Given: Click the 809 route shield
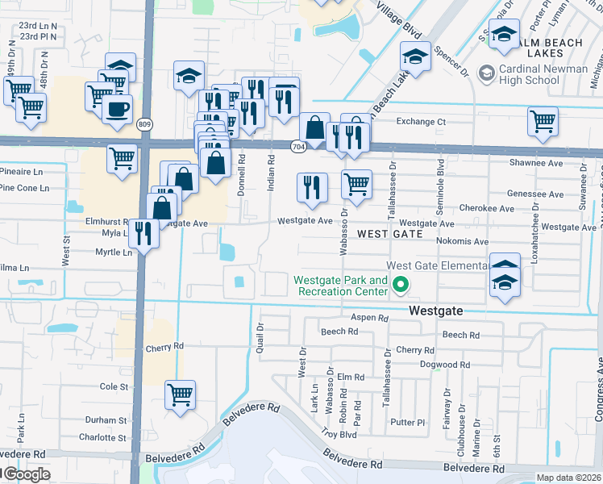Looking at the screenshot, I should (144, 124).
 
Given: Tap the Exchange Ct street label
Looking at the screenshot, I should (420, 122).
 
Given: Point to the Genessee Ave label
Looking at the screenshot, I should (535, 194).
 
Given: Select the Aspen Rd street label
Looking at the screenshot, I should (369, 319).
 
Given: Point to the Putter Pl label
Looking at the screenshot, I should (406, 422).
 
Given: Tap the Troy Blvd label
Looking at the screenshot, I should (339, 433).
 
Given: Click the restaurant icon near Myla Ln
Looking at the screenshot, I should (143, 233).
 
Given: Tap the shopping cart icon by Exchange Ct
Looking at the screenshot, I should (543, 121).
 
